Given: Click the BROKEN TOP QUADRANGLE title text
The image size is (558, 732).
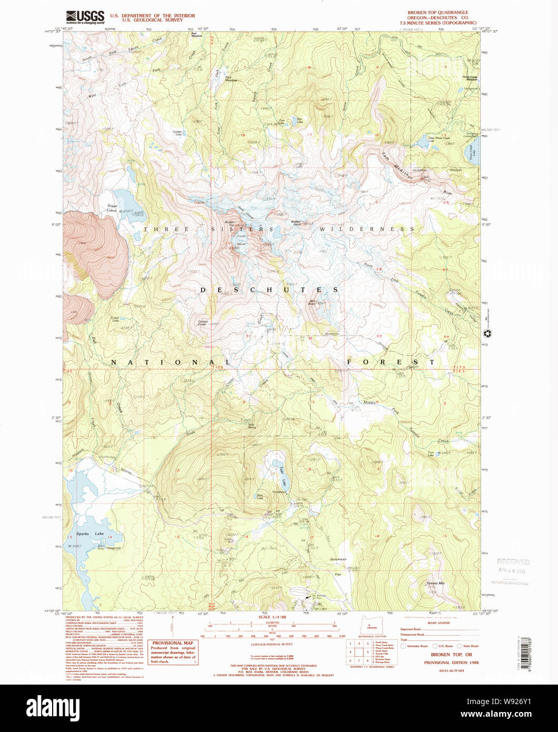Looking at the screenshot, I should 437,12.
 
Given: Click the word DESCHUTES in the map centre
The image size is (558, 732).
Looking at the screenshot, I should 268,290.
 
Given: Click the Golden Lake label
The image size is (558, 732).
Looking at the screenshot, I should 176,133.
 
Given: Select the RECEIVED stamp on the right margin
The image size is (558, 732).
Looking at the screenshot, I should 513,562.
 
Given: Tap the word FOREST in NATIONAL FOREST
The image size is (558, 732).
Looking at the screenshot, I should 391,362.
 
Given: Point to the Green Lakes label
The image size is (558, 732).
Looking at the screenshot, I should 112,208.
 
